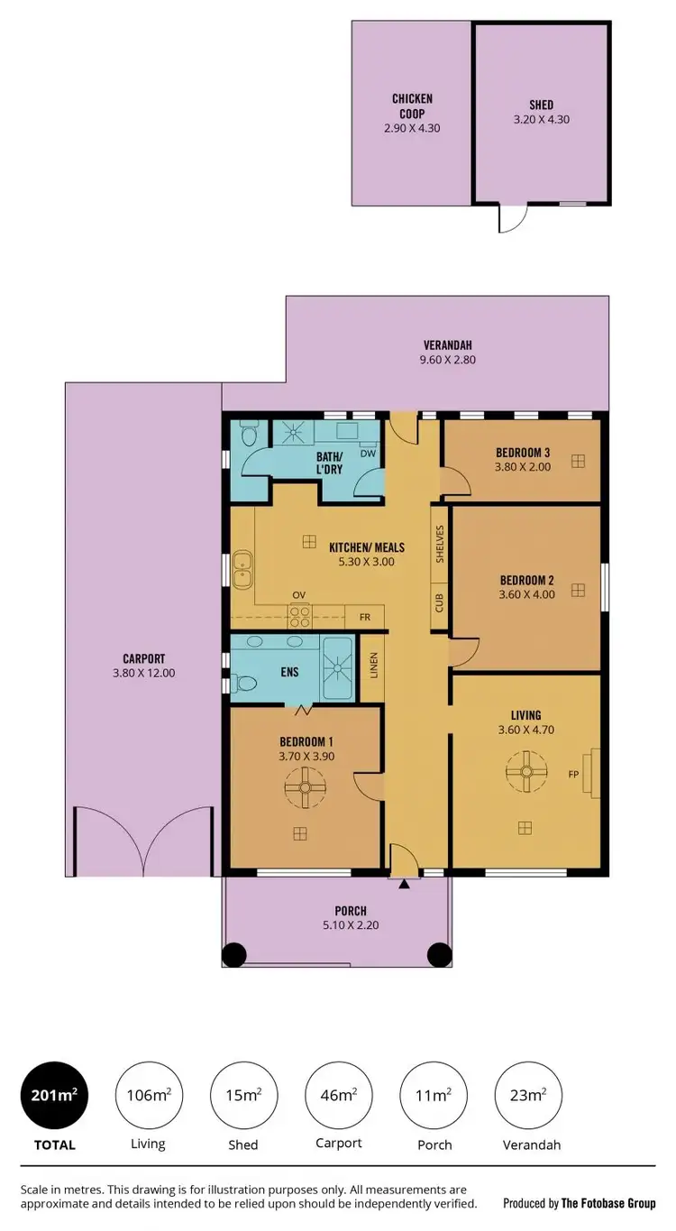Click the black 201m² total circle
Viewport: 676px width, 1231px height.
(53, 1096)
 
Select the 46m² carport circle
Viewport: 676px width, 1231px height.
(339, 1096)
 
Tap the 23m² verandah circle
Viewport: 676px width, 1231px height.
(528, 1096)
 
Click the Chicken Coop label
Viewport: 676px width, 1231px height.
(412, 106)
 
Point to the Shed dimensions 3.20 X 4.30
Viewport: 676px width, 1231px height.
(541, 119)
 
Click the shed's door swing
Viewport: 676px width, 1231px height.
(511, 218)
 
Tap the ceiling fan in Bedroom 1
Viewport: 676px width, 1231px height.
(305, 786)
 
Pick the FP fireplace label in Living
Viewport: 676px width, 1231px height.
(572, 774)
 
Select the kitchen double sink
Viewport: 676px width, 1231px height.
(242, 567)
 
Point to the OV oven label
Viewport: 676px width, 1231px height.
(298, 595)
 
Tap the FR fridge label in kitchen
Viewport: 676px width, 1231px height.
(365, 618)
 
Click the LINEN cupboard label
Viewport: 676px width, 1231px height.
(372, 666)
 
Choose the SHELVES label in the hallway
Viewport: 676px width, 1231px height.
(440, 544)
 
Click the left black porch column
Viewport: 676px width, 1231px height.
(234, 954)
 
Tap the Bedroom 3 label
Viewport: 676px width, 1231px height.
(523, 453)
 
